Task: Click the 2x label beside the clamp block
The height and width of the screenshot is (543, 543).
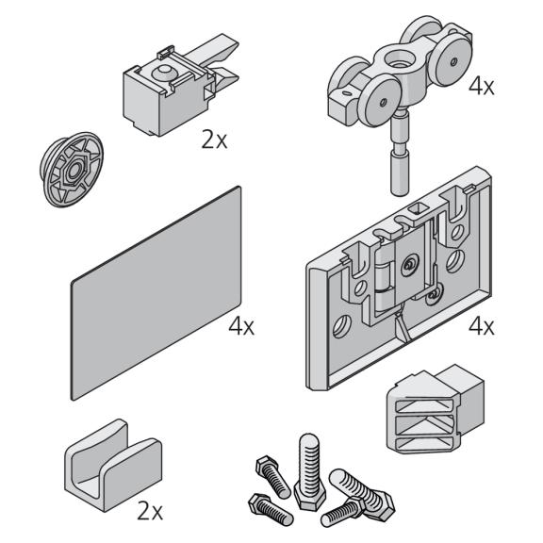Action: click(214, 140)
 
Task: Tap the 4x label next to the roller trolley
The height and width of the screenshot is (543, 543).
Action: click(482, 86)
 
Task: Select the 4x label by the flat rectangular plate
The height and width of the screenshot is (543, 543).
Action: click(241, 326)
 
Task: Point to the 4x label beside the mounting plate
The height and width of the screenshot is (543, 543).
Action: click(482, 326)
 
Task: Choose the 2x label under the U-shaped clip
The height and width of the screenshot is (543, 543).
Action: click(150, 511)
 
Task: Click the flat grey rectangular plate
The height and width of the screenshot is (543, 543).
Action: click(156, 293)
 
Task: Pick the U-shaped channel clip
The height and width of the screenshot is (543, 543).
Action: click(113, 465)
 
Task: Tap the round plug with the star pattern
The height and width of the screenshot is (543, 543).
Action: click(72, 170)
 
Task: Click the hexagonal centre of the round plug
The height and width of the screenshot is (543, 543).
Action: click(74, 171)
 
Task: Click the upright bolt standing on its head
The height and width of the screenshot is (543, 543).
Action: click(309, 471)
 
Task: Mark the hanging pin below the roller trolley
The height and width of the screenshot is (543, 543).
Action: click(401, 153)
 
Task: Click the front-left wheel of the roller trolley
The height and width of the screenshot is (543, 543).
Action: click(380, 101)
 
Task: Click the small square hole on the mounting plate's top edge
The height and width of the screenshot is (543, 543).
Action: click(419, 208)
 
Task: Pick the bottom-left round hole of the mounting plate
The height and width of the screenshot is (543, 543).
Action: click(342, 326)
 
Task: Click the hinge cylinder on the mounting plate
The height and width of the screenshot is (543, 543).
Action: click(384, 276)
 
